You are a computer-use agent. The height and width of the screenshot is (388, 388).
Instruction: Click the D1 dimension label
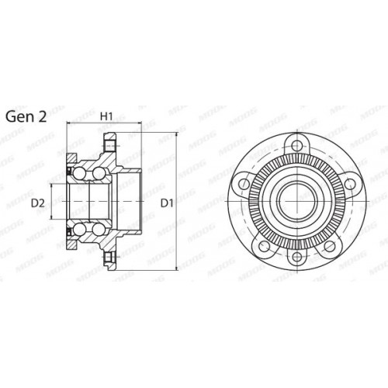[x=165, y=204]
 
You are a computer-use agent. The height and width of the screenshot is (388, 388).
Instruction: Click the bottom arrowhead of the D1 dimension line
[x=178, y=269]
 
